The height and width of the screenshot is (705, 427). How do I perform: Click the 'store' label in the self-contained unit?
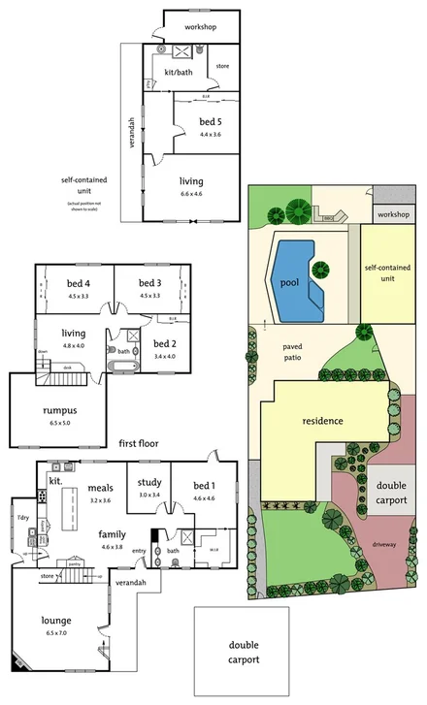(x=221, y=66)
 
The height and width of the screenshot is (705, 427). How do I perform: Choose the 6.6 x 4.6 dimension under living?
(x=191, y=194)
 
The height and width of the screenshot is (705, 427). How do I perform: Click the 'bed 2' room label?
(x=164, y=344)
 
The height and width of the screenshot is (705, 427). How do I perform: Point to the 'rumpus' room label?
(x=59, y=409)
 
